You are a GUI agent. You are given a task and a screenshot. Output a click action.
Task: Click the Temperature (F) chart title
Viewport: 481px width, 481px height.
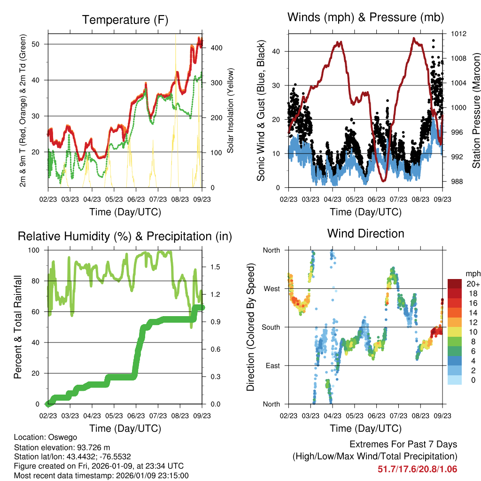coord(125,20)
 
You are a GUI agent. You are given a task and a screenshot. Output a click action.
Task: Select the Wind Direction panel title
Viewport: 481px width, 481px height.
coord(365,233)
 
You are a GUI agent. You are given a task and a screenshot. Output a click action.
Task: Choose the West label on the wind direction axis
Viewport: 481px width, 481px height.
coord(271,288)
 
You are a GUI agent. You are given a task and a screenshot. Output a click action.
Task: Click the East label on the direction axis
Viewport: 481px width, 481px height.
coord(272,365)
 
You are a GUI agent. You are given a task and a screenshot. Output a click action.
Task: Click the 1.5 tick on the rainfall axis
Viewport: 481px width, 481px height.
coord(216,267)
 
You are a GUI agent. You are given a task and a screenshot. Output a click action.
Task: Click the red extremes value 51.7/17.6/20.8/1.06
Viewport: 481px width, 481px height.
coord(417,469)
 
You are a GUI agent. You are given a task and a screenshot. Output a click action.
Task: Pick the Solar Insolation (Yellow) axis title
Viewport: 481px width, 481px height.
coord(231,111)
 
